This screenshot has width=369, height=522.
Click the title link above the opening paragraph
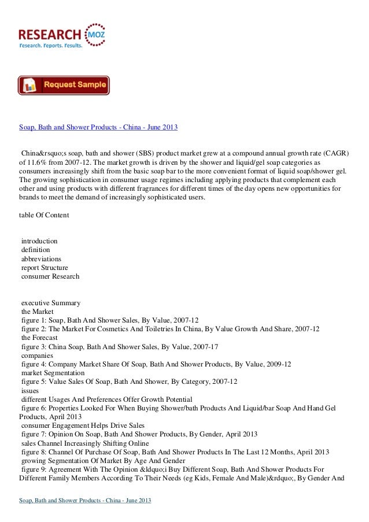coord(98,127)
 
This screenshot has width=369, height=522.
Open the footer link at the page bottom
coord(85,499)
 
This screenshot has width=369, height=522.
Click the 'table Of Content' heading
coord(44,215)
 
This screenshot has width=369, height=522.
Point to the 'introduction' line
coord(39,240)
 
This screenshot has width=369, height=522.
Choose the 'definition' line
coord(35,250)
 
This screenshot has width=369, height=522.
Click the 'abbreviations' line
coord(41,259)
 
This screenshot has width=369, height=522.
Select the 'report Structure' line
coord(45,268)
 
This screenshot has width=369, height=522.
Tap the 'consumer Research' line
coord(50,276)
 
